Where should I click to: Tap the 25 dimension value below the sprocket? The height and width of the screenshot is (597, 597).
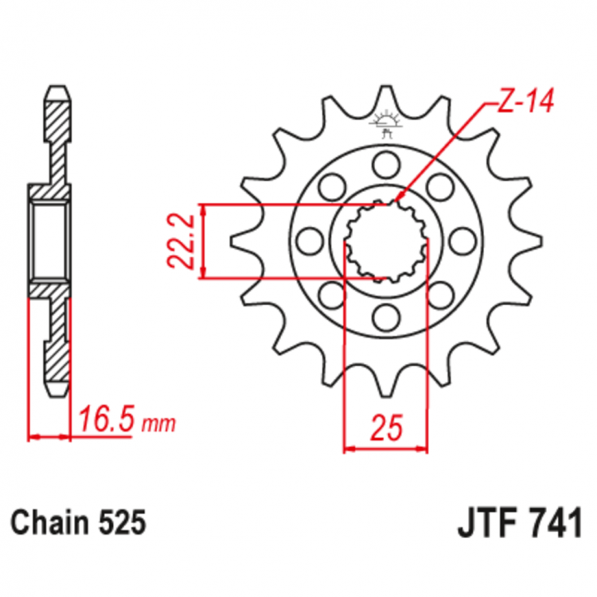(386, 430)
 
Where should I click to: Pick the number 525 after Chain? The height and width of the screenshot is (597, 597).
(123, 523)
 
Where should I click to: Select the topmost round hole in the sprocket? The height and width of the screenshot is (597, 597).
(386, 166)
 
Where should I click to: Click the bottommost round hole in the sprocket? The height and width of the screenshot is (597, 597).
(386, 316)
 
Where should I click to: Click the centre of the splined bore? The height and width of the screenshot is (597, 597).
(386, 240)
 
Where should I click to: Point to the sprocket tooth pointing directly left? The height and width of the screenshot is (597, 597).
(237, 240)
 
